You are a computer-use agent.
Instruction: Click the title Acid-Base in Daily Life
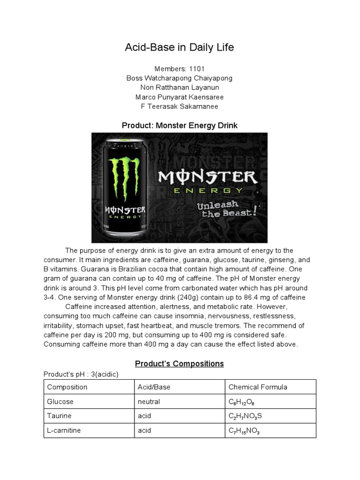(179, 47)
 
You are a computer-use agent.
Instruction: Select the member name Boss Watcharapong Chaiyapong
(180, 78)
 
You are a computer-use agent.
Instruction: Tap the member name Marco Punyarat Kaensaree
(180, 97)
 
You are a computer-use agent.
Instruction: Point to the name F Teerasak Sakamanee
(180, 106)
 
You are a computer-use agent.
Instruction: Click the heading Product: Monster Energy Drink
(180, 126)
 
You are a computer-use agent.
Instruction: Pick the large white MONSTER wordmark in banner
(207, 177)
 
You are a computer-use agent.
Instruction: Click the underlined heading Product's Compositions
(180, 364)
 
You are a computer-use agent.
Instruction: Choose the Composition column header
(67, 387)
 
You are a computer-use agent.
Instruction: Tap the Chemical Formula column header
(258, 387)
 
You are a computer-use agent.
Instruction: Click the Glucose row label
(60, 402)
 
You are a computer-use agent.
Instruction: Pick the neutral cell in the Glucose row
(149, 402)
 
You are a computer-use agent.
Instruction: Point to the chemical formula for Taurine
(246, 416)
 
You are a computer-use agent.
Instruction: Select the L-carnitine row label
(64, 430)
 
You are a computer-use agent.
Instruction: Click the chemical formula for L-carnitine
(244, 431)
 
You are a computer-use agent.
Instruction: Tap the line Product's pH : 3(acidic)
(81, 374)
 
